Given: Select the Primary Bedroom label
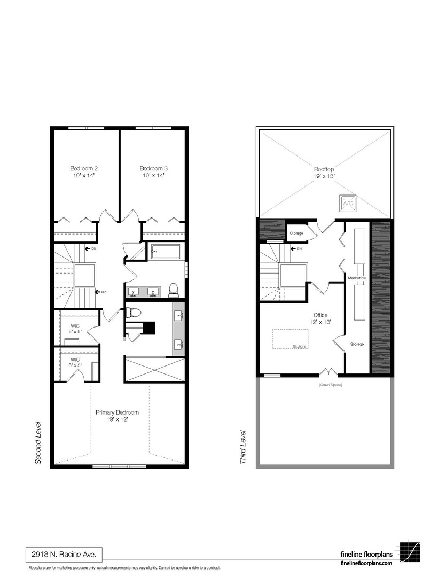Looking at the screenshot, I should click(x=117, y=412).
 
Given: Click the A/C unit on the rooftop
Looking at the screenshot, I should click(x=348, y=203).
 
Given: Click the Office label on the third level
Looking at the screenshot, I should click(x=320, y=315).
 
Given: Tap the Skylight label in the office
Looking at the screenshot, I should click(x=299, y=346).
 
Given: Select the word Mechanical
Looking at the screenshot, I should click(x=357, y=278).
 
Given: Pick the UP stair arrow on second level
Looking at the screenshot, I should click(x=99, y=292).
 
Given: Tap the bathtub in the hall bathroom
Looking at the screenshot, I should click(x=166, y=252).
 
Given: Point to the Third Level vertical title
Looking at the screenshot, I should click(x=243, y=446).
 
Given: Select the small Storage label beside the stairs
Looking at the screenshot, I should click(x=296, y=233).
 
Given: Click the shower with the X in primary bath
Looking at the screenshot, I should click(x=155, y=370).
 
